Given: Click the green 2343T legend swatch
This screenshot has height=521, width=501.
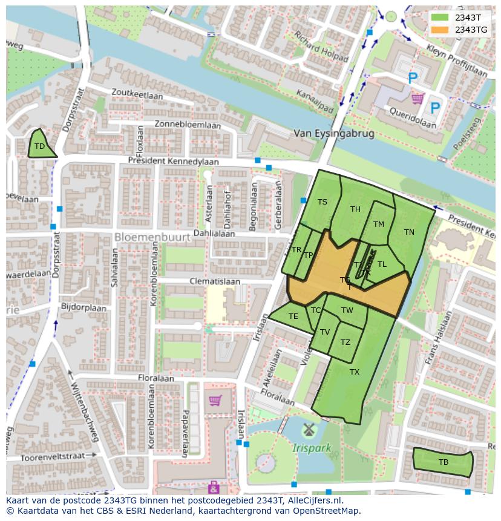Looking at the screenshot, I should (440, 17).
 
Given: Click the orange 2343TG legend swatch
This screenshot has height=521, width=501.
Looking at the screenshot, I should (440, 29).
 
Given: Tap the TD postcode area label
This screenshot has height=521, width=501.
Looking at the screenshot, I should (39, 146).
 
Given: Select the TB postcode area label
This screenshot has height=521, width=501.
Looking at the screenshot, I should (444, 462).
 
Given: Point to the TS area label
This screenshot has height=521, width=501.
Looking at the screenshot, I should (323, 202).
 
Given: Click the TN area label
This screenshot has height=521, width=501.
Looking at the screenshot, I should (409, 232).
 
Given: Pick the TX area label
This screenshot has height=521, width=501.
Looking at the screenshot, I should (355, 372).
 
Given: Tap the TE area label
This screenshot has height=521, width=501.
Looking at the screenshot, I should (293, 316).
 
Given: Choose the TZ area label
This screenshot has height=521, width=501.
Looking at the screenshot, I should (345, 342).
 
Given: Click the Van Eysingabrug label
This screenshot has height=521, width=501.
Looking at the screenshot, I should (333, 133).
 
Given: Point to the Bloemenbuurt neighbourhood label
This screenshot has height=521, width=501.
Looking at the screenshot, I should (152, 237).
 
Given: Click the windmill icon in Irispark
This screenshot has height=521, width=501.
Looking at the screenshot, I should (309, 430).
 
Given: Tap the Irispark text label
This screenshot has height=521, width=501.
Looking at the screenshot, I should (312, 448).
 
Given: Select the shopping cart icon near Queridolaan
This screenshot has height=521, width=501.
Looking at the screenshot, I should (417, 97).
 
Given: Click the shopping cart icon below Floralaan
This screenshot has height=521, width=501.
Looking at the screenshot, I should (215, 400).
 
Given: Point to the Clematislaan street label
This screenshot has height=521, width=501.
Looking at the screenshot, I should (215, 281).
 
